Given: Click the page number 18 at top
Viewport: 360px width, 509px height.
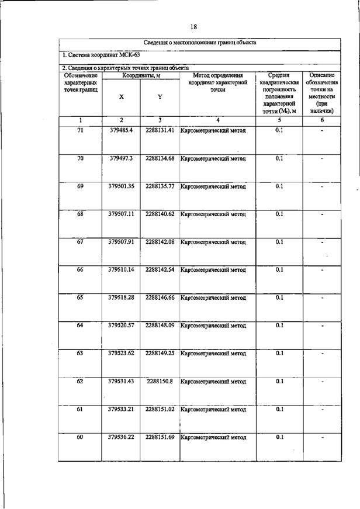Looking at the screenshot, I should [193, 27].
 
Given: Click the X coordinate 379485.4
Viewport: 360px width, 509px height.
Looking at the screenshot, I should [121, 130].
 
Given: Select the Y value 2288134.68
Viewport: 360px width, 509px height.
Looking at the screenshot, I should [160, 158].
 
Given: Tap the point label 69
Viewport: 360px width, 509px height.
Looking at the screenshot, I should [80, 186].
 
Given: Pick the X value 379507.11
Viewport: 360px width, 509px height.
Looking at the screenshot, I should [121, 214].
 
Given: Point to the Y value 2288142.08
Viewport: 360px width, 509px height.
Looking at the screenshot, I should [160, 242].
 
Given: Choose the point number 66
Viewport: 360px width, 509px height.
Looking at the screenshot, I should [80, 269].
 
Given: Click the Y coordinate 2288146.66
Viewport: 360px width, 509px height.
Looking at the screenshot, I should [160, 297].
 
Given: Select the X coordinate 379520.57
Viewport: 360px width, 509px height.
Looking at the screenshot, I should [121, 326].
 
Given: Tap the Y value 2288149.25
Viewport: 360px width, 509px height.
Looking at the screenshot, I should [160, 354].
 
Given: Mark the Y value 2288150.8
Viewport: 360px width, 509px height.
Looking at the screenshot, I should [160, 382].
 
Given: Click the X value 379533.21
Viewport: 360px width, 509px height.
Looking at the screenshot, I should [121, 409].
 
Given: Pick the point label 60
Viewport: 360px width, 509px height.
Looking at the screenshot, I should [80, 437].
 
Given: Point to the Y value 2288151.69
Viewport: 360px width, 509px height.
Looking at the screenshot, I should [160, 437].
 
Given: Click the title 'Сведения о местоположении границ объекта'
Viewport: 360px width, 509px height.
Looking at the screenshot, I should [200, 43].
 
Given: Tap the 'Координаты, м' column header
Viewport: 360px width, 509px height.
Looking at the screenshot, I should [140, 75].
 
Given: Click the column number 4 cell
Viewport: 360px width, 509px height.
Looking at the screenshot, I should [217, 120].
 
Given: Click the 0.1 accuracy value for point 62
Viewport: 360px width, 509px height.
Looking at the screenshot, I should [279, 382].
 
